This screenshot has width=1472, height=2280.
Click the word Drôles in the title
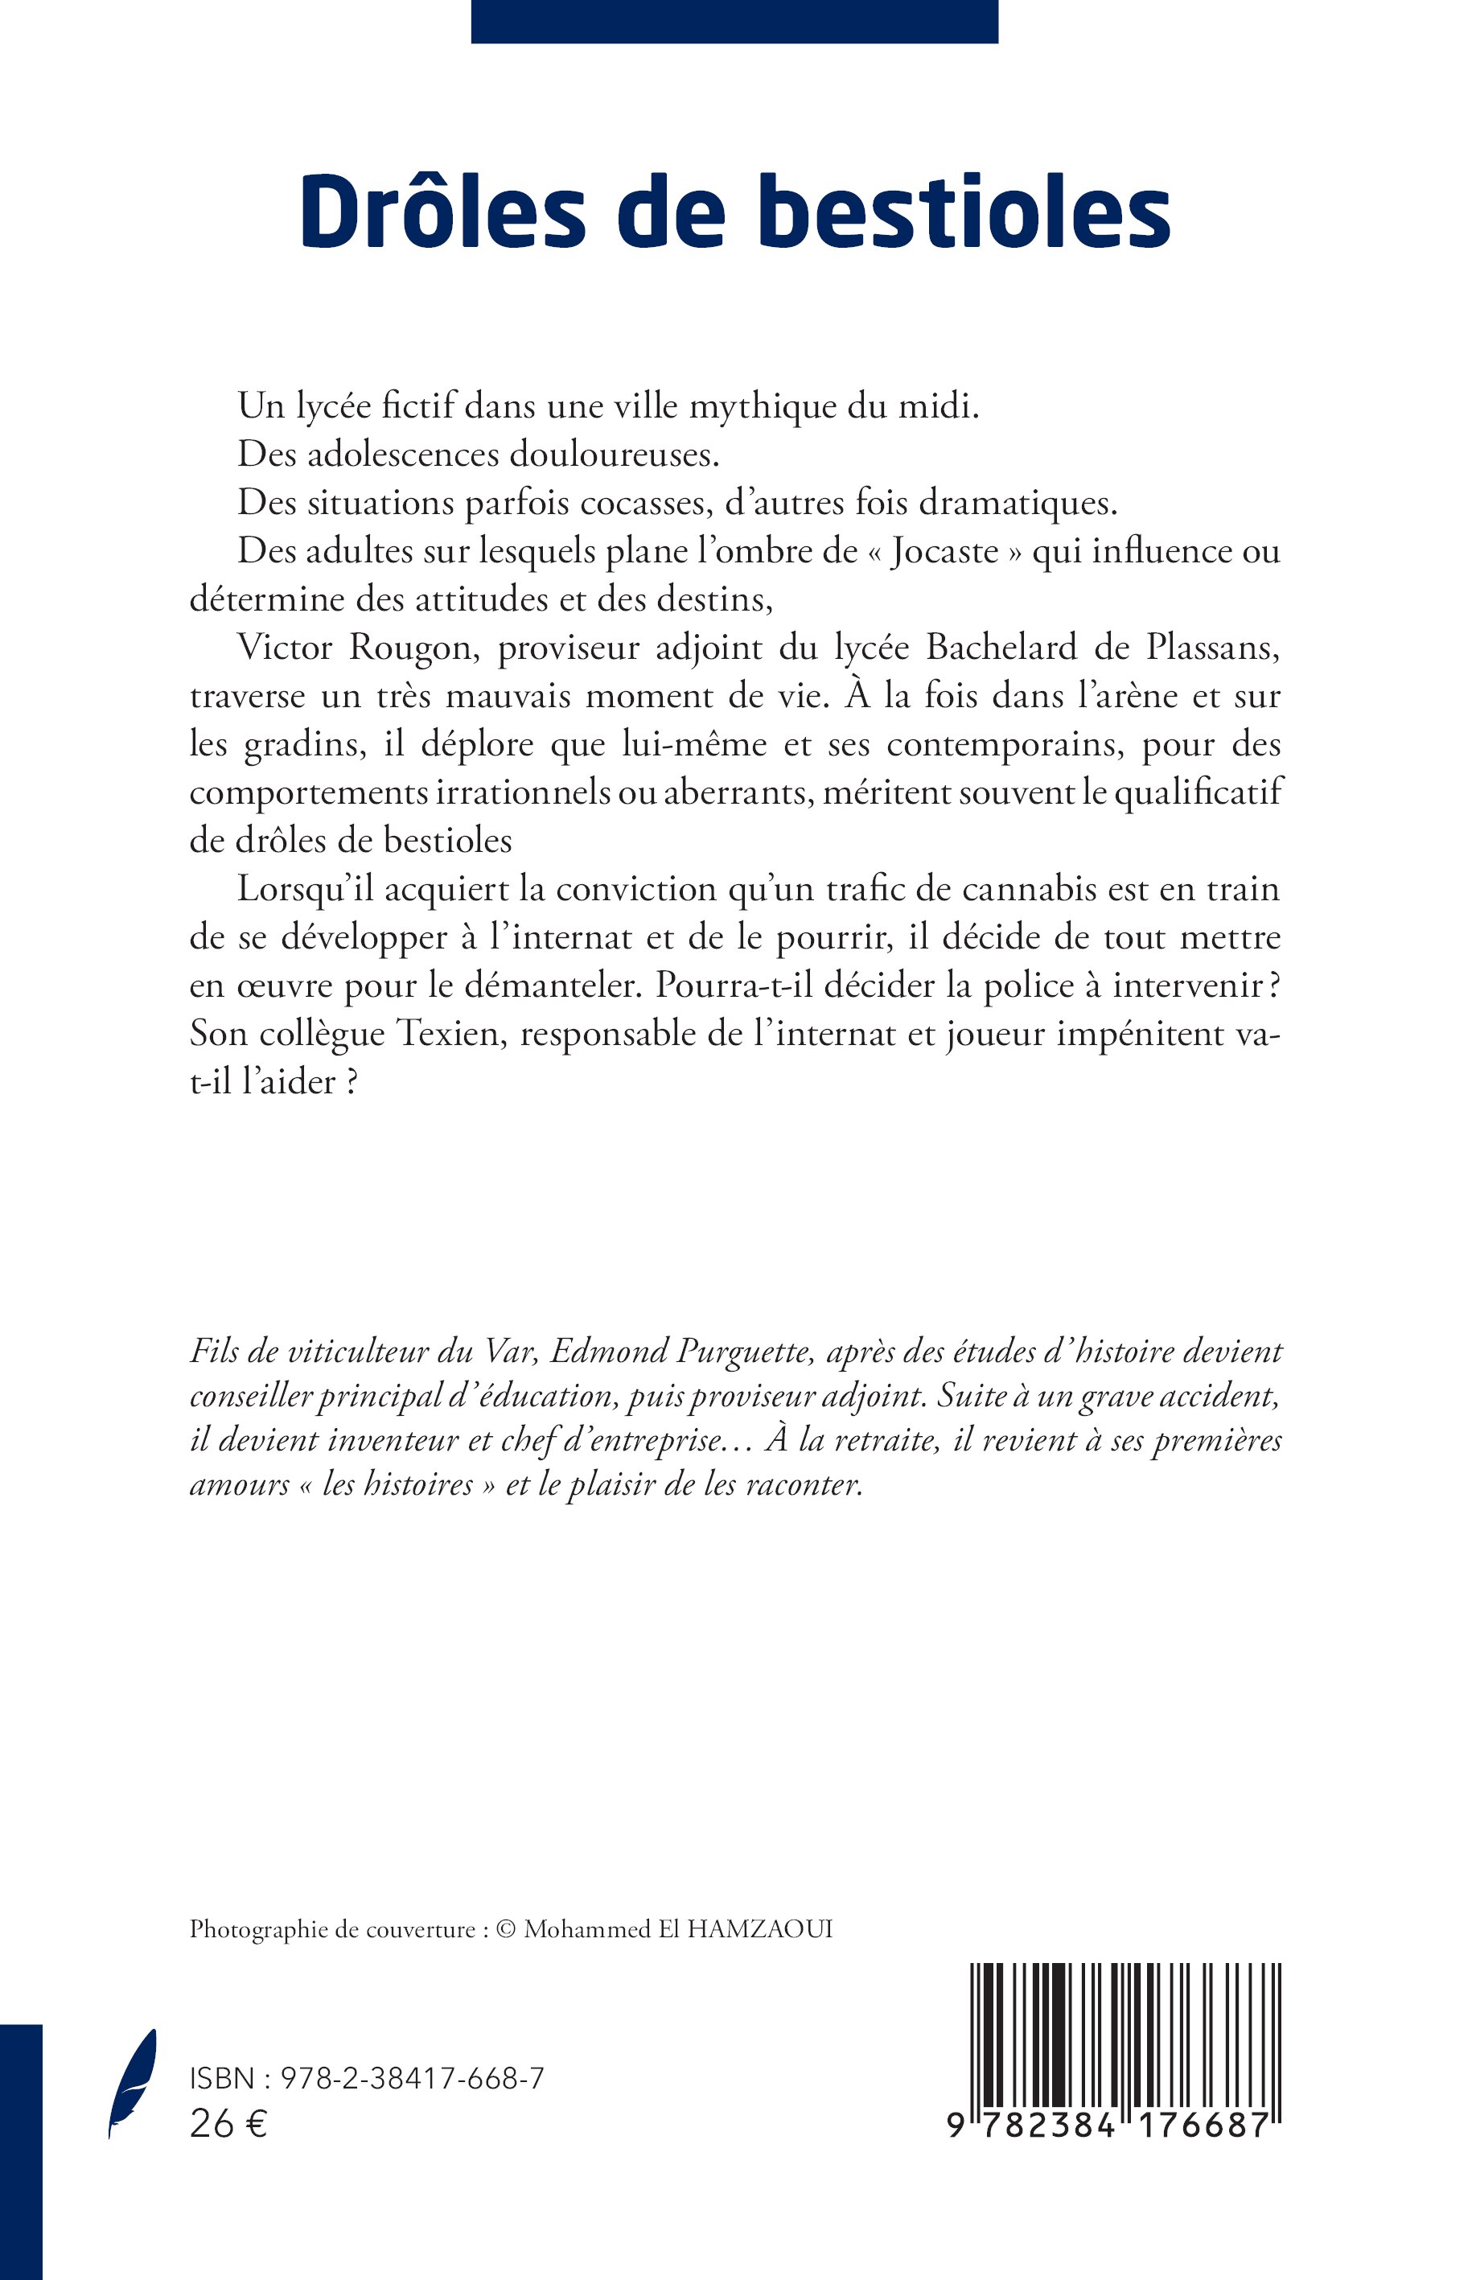[442, 212]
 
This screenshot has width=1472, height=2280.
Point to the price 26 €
[228, 2124]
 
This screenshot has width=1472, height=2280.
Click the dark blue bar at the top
[734, 21]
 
